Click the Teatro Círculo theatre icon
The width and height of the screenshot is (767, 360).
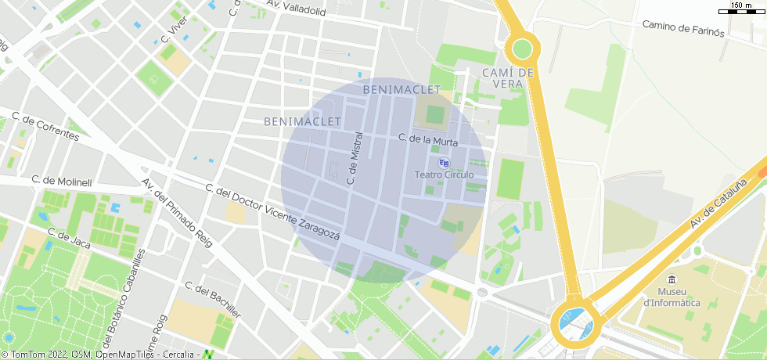click(x=445, y=162)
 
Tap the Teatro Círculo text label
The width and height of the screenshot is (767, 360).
click(x=444, y=175)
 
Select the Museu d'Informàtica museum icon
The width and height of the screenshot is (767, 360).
click(x=672, y=280)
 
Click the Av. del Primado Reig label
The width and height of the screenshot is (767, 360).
click(x=177, y=213)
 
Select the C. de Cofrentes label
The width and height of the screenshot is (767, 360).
click(x=45, y=127)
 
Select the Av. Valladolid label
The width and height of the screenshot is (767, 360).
click(x=296, y=8)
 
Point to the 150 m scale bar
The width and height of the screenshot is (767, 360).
click(x=741, y=9)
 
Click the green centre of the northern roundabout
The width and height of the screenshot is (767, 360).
click(x=522, y=49)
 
